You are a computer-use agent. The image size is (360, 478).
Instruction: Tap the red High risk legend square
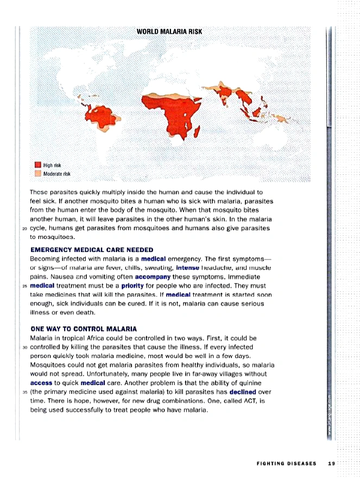pos(38,165)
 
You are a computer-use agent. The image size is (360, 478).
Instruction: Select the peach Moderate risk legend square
pos(38,173)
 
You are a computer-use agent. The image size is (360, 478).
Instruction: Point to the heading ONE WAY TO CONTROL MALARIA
pos(84,329)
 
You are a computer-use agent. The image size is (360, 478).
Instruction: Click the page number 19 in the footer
pos(331,463)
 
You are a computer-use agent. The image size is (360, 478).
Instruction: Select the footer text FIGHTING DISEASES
pos(286,463)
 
